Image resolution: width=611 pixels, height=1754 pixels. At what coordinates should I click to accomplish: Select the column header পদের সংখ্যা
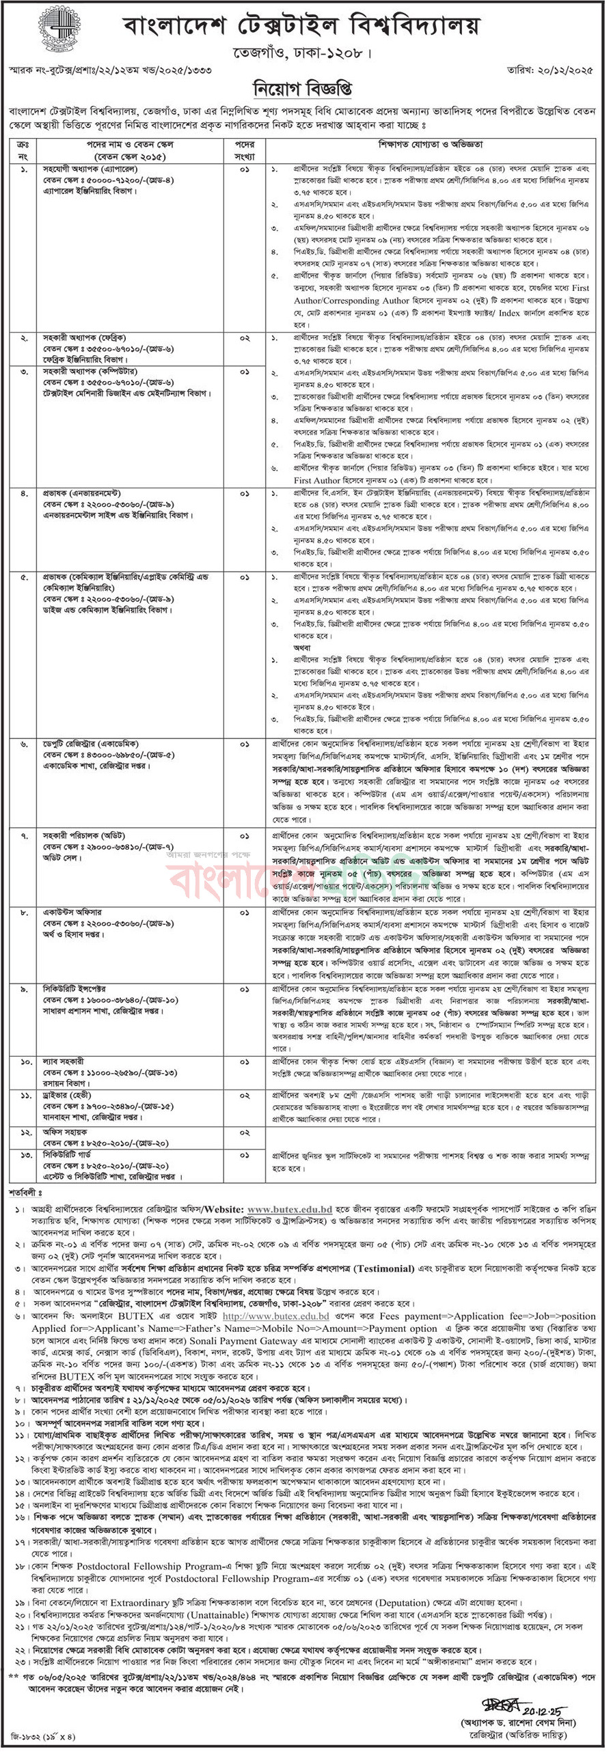coord(245,150)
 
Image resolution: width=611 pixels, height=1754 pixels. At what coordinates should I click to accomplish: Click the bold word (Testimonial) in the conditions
coord(379,1268)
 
